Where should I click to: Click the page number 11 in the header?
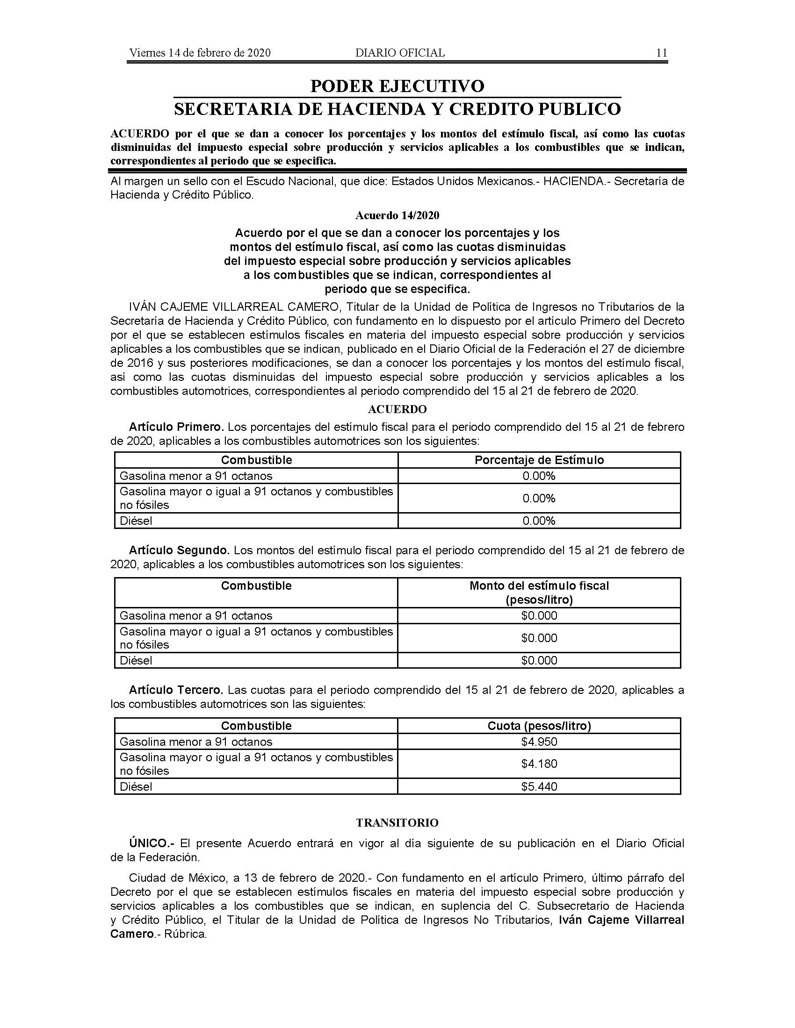[x=661, y=53]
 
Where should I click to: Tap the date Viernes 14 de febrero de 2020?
[x=200, y=53]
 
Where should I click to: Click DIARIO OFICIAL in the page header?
[x=400, y=53]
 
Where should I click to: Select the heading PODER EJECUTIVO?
[x=397, y=86]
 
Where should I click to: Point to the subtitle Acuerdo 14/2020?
[x=397, y=215]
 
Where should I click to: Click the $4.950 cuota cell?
[x=539, y=742]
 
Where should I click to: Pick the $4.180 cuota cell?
[x=539, y=764]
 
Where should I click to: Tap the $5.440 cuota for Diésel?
[x=539, y=786]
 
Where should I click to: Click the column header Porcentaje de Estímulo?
[x=539, y=460]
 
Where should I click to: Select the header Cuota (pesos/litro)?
[x=539, y=726]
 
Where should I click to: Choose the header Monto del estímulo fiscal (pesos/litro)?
[x=539, y=593]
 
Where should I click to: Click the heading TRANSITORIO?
[x=397, y=823]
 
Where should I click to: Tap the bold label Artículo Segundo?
[x=179, y=550]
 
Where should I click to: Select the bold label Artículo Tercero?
[x=176, y=690]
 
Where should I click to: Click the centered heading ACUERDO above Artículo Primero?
[x=397, y=409]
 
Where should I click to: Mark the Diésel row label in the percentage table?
[x=136, y=521]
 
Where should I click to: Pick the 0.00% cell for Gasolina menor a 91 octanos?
[x=539, y=476]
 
